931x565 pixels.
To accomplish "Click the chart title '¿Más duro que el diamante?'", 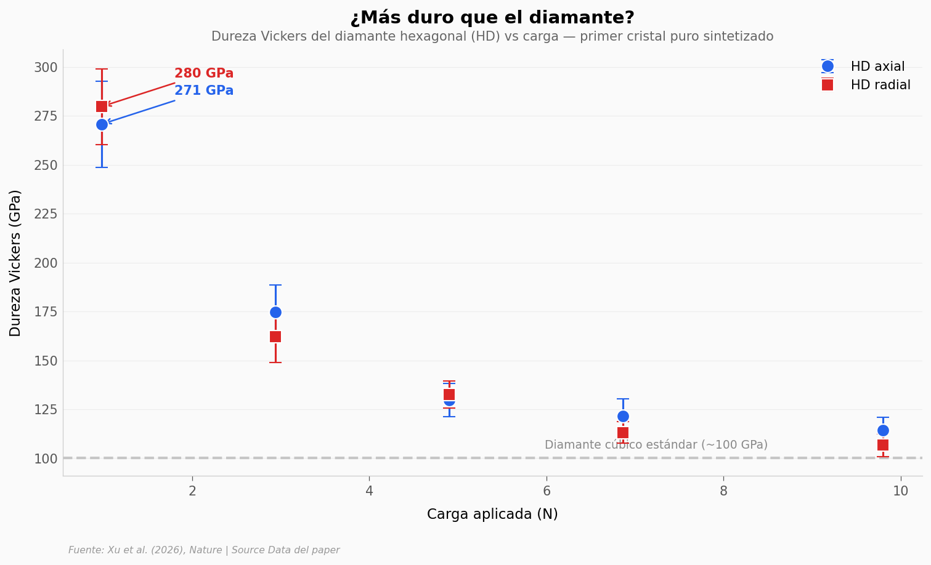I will click(x=492, y=18).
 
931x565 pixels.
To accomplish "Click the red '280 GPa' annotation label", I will click(x=203, y=74).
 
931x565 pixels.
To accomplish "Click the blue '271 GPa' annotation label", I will click(x=203, y=91).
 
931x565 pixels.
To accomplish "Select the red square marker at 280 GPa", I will click(x=102, y=106).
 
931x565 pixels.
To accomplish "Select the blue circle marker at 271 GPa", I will click(x=102, y=124).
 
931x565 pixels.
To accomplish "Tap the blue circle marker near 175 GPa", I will click(x=275, y=312).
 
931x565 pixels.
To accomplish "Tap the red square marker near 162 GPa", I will click(x=275, y=337).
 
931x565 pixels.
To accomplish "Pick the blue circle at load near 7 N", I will click(x=623, y=416).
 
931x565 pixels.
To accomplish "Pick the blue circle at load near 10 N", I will click(x=883, y=430).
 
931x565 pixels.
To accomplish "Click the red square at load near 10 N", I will click(x=883, y=445).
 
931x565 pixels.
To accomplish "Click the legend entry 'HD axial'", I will click(x=877, y=66).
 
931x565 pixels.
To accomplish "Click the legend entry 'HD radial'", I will click(x=880, y=86).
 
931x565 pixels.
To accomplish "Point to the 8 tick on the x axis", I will click(x=723, y=491).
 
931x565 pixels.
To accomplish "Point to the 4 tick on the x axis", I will click(x=369, y=491).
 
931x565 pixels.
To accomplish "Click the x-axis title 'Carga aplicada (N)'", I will click(x=492, y=515).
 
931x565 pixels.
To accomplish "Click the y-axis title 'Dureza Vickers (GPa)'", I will click(x=15, y=263).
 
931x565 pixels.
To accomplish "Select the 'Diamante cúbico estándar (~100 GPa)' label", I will click(x=656, y=445).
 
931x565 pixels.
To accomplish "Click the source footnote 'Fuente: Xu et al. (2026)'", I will click(x=203, y=550).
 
